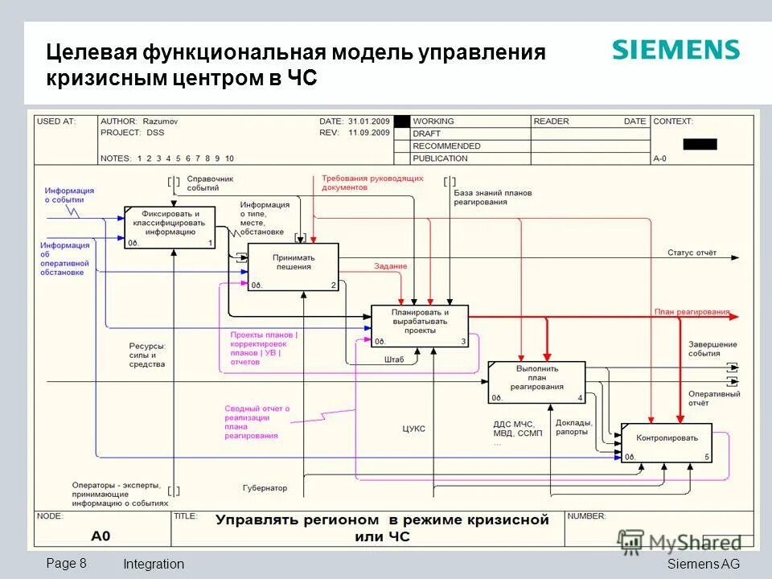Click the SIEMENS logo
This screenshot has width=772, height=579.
click(x=675, y=50)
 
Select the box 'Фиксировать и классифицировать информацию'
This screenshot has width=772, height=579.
click(x=170, y=227)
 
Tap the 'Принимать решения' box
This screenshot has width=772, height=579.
click(x=293, y=266)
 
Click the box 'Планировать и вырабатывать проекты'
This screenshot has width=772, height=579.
click(x=419, y=326)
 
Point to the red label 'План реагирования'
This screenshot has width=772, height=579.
click(x=692, y=312)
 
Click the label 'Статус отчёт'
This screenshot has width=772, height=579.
click(x=691, y=253)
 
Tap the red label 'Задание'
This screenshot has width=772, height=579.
click(x=390, y=266)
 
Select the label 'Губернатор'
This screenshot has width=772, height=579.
click(x=265, y=488)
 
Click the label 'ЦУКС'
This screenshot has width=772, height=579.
click(x=414, y=429)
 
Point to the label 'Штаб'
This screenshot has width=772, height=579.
click(x=394, y=359)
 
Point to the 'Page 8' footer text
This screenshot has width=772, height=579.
click(x=67, y=563)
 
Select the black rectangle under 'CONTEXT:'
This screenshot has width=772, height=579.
click(x=700, y=145)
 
